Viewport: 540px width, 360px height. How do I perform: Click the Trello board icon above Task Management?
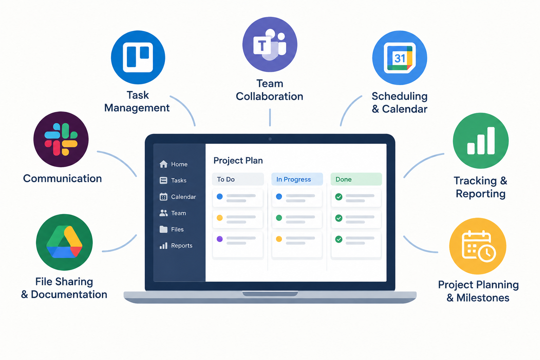coord(138,57)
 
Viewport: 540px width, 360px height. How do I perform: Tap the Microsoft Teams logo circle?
coord(270,44)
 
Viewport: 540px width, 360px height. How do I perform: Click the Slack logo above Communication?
coord(61,139)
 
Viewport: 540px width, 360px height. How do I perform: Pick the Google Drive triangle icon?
coord(64,242)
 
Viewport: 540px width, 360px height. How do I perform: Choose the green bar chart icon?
coord(481,141)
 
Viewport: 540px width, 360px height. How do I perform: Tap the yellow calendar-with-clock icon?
coord(478,246)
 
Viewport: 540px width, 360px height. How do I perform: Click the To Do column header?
coord(238,179)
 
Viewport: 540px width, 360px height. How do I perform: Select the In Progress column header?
coord(297,179)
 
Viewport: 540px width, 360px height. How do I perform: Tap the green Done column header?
coord(356,179)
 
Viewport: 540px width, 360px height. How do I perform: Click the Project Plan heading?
coord(238,161)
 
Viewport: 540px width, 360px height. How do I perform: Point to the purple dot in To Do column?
coord(220,239)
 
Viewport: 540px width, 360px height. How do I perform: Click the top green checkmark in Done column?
coord(339,197)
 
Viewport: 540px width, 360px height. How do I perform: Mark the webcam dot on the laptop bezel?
coord(270,139)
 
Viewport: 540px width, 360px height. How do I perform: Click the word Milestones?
coord(483,298)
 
